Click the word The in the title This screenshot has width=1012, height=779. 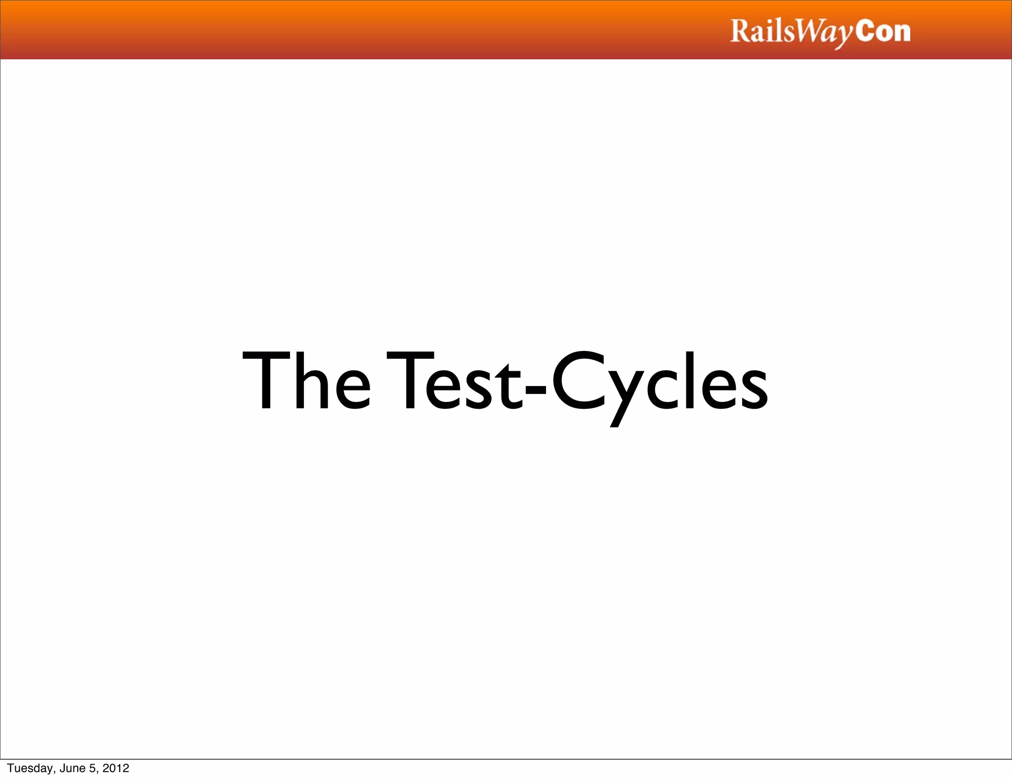[306, 381]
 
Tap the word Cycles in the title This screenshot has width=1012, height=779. [659, 383]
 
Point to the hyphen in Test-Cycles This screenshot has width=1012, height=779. [536, 388]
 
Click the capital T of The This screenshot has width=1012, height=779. [265, 381]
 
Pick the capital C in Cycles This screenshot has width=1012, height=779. [578, 381]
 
